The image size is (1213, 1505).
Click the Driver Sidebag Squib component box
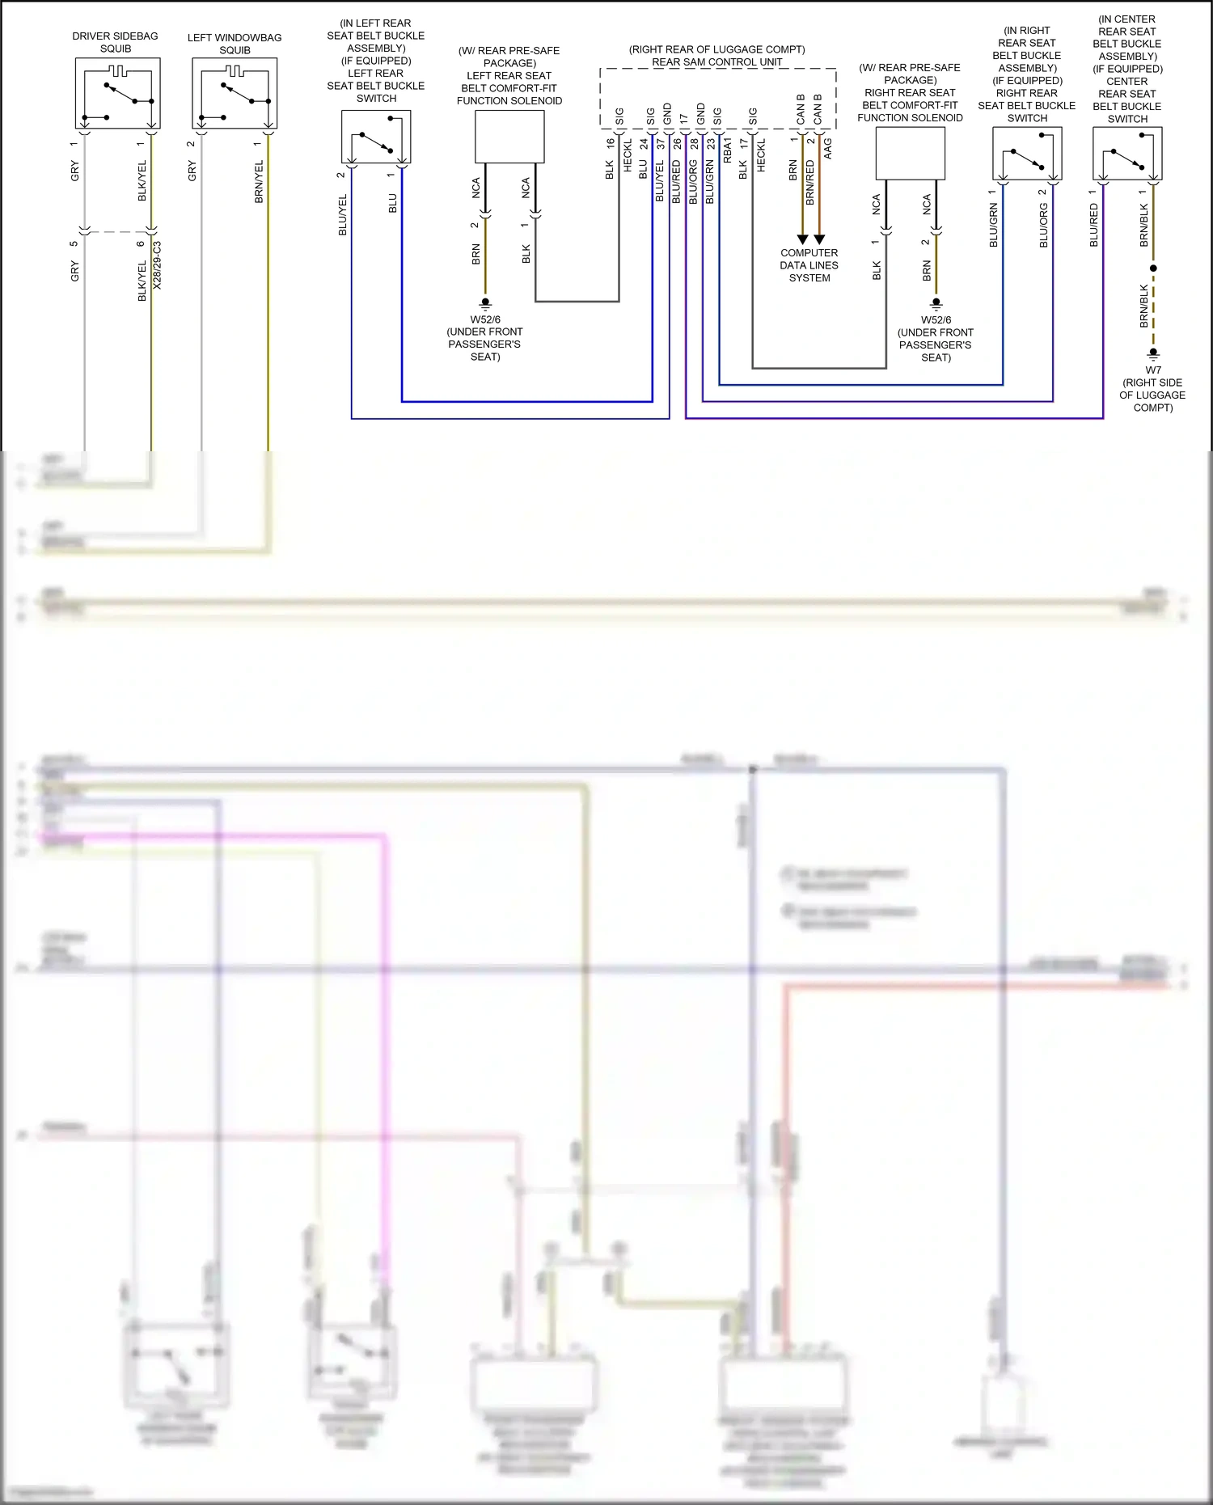118,93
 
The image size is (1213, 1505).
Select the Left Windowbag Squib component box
235,93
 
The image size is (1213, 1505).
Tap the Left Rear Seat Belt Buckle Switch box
376,137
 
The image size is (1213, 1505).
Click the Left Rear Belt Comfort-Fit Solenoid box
509,137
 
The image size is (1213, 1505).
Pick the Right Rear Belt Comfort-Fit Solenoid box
911,153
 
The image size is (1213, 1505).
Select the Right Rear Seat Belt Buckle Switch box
1027,154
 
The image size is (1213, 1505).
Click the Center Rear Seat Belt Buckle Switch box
1126,154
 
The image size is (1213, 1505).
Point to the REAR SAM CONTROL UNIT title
717,62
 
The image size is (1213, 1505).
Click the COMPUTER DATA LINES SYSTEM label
809,265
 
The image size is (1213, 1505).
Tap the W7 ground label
1153,370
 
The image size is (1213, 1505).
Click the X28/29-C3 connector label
158,265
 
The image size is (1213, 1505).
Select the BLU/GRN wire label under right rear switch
993,225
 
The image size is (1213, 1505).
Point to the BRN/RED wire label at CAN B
810,182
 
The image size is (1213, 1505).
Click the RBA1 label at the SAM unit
727,150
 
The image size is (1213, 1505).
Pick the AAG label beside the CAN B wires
828,148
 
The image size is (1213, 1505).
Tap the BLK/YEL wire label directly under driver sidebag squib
142,180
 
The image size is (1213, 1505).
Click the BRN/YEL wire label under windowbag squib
259,182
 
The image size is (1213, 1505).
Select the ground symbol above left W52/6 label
485,303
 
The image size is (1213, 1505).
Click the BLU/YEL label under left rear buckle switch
342,215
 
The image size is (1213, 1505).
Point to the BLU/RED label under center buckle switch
1093,225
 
